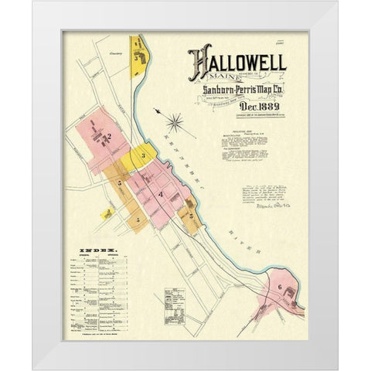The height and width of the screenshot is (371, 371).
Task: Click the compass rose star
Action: coord(175,121)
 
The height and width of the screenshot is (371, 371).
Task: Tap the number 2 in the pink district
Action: coord(109,137)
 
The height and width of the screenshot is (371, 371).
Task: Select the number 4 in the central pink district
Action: coord(160,193)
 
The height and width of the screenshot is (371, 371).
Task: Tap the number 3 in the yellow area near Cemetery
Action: coord(136,57)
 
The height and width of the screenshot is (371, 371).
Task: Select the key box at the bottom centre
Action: coord(174,306)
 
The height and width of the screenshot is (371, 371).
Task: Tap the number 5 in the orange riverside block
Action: coord(190,216)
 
